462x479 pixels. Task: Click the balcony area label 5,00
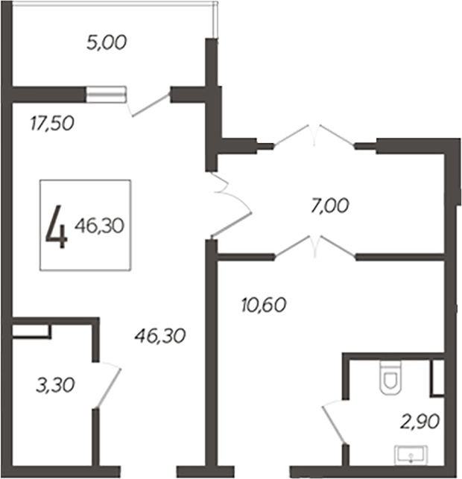(x=107, y=42)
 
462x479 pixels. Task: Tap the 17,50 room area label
(x=52, y=124)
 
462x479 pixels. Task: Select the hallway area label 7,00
(x=329, y=206)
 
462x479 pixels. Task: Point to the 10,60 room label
(x=264, y=305)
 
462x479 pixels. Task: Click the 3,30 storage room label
(x=55, y=385)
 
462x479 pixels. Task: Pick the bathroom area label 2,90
(x=420, y=422)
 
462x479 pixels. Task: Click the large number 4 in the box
(x=56, y=226)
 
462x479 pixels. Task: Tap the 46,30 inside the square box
(x=100, y=226)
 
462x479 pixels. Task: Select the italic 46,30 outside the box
(x=160, y=336)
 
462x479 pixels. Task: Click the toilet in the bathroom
(x=390, y=378)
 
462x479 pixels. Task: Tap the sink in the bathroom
(x=411, y=455)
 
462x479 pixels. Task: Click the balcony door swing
(x=149, y=104)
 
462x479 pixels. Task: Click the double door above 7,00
(x=314, y=136)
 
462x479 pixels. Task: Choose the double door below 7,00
(x=315, y=247)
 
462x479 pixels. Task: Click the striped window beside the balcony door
(x=106, y=95)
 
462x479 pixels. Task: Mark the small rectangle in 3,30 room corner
(x=31, y=332)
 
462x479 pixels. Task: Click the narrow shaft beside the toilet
(x=437, y=378)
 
